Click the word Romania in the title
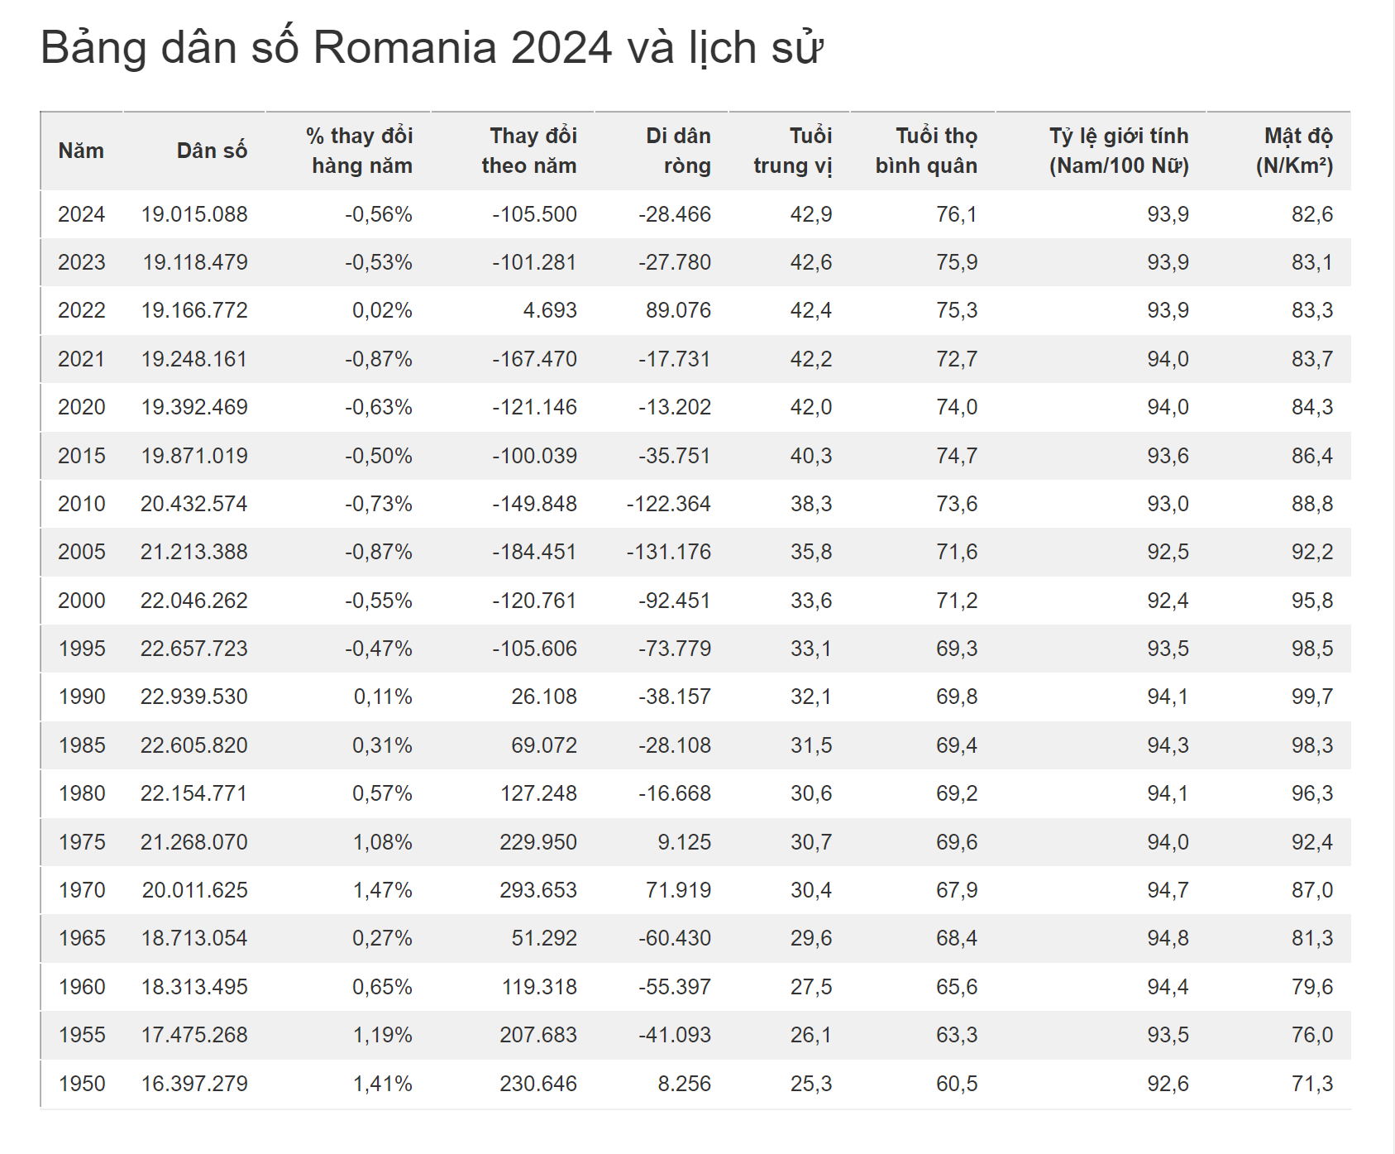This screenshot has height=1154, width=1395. point(404,48)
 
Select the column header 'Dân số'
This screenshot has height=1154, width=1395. point(212,151)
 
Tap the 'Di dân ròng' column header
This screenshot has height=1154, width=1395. point(678,151)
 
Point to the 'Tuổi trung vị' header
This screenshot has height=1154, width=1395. point(792,151)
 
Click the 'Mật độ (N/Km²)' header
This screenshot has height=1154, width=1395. point(1294,151)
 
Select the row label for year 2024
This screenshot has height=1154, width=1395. point(81,214)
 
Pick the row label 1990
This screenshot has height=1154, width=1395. point(81,697)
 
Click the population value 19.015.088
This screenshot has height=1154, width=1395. point(194,214)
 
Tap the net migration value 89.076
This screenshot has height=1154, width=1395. point(678,310)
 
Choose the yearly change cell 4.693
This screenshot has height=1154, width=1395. point(550,310)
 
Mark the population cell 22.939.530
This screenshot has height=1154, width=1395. point(194,697)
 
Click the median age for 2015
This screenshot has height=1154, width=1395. point(810,456)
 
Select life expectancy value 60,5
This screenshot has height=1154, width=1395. point(956,1084)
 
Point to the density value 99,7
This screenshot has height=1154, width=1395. point(1312,697)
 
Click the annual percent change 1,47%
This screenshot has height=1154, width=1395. point(382,890)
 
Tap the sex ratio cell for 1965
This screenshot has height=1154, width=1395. point(1168,938)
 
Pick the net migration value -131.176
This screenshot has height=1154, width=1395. point(668,552)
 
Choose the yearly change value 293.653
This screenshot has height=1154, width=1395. point(537,890)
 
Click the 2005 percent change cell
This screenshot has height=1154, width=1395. point(379,552)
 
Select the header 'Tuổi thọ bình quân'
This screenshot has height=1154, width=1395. point(926,151)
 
